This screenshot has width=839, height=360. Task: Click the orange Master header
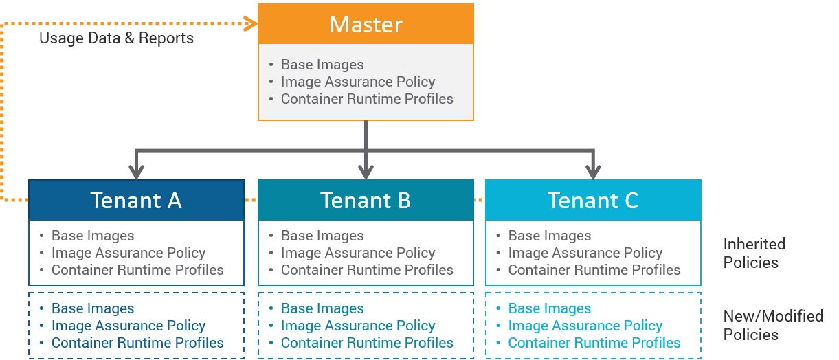click(x=366, y=24)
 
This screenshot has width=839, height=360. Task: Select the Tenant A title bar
click(x=136, y=200)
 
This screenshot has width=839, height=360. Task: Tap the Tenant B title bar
click(x=366, y=200)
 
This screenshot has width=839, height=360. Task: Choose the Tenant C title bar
click(x=593, y=200)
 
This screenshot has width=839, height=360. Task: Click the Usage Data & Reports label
click(x=116, y=38)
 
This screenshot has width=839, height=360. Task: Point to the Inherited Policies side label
click(x=754, y=253)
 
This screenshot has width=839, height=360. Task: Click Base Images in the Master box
click(x=322, y=65)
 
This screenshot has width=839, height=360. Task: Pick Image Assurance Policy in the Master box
click(x=358, y=82)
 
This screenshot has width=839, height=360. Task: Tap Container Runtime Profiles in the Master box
click(x=367, y=99)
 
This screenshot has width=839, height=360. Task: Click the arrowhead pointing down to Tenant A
click(x=137, y=172)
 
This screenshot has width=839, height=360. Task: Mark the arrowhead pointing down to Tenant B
click(x=366, y=172)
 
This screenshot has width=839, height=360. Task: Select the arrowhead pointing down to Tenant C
click(x=592, y=172)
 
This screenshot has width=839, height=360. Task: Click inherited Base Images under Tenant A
click(x=93, y=236)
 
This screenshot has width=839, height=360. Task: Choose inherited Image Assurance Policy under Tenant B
click(x=358, y=253)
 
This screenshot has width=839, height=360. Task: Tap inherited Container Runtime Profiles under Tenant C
click(x=594, y=270)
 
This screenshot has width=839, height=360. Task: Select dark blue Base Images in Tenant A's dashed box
click(x=93, y=308)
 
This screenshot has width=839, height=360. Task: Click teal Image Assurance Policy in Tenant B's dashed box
click(x=358, y=326)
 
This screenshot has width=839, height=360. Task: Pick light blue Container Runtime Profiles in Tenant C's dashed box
click(x=594, y=343)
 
